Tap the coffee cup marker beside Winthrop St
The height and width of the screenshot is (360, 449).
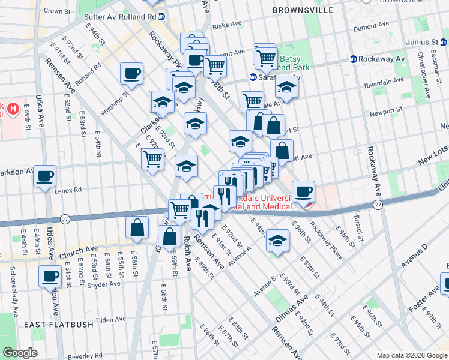(x=131, y=74)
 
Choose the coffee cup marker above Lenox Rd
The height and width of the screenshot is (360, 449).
(x=45, y=177)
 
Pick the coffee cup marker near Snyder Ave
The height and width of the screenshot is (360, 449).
(x=50, y=277)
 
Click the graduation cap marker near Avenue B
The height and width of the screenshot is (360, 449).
(x=277, y=241)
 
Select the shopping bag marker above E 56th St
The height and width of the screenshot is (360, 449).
(x=137, y=227)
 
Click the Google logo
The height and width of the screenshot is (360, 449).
(x=20, y=353)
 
